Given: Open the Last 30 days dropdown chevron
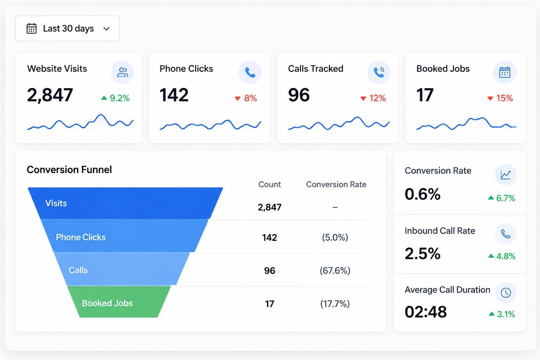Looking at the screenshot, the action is point(106,29).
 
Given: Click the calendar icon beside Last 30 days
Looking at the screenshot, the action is point(32,28).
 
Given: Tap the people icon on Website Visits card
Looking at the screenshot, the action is point(122,72).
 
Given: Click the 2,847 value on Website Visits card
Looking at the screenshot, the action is point(50,95).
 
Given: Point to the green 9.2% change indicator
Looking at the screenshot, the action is point(115,98).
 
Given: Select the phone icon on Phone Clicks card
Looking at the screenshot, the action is point(250,72).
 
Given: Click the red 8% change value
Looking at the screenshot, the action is point(246,98).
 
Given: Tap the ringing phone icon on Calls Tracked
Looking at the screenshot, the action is point(379,72).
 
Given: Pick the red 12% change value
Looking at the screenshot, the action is point(373,98).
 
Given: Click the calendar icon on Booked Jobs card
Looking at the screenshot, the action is point(504,72).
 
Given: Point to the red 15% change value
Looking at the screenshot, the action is point(500,98).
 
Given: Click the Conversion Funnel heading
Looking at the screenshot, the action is point(69,169).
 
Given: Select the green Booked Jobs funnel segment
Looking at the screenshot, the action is point(118,302).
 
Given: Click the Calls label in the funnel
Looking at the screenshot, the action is point(78,270).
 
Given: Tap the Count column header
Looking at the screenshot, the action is point(270,185).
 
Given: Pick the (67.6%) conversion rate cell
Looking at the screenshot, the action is point(335,271).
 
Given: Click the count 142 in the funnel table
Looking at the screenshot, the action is point(270,238).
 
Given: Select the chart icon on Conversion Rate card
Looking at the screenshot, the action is point(506,175).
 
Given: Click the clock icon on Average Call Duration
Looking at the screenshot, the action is point(506,293).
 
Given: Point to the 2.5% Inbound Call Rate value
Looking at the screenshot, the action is point(423,253).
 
